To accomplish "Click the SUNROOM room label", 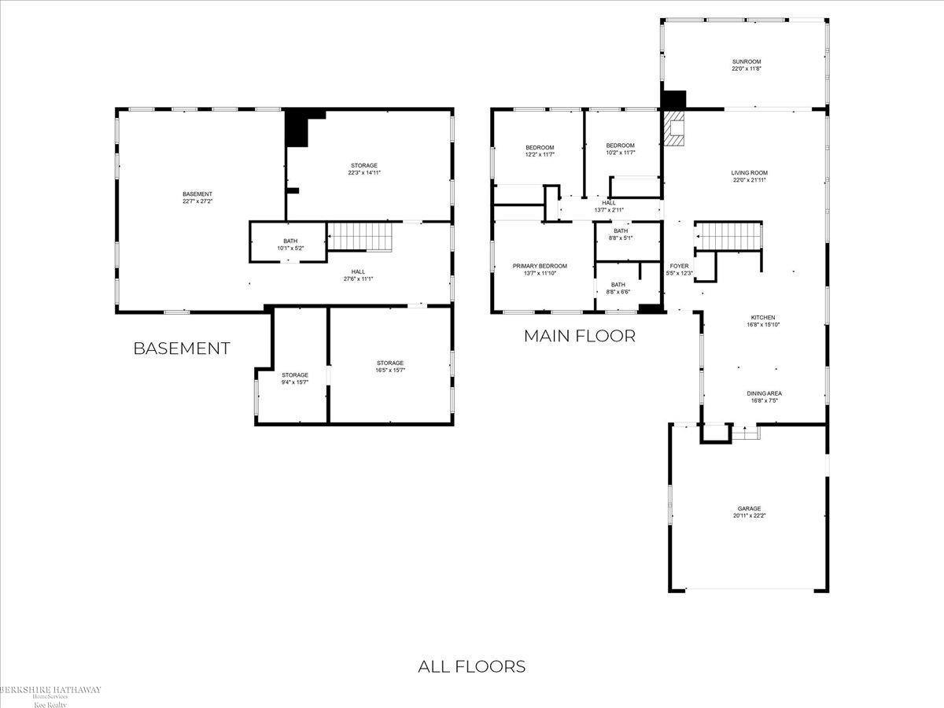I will [747, 65].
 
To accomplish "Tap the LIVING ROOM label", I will [749, 176].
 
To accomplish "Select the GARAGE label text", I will [748, 512].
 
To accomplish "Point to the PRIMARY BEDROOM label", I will [540, 269].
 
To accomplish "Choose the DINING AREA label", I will [764, 396].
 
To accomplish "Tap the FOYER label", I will [679, 269].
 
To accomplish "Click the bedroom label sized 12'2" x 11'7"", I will [540, 150].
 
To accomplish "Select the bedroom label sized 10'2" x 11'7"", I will [620, 149].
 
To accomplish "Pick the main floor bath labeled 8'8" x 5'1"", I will [621, 234].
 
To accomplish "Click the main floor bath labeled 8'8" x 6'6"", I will [618, 288].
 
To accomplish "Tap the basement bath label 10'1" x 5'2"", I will [290, 245].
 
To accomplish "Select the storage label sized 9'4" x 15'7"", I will [295, 378].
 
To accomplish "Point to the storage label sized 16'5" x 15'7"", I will [389, 366].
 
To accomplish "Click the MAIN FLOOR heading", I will [579, 336].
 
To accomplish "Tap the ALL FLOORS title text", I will [471, 666].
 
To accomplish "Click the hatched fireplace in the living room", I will [674, 129].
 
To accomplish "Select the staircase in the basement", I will [360, 236].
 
